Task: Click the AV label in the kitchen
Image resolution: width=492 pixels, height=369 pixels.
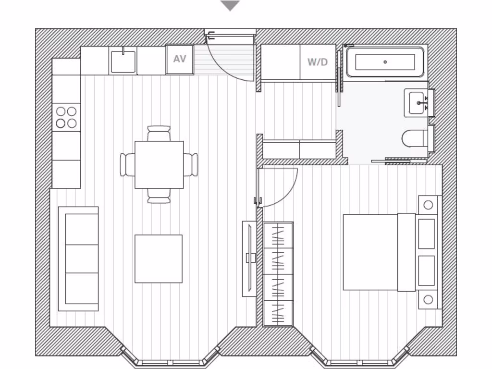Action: coord(180,60)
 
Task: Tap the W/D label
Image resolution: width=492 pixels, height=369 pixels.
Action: coord(317,62)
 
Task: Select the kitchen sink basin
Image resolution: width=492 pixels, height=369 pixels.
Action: coord(123,61)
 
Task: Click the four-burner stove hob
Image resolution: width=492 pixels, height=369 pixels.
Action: coord(66,117)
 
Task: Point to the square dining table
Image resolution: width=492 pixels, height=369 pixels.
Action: coord(159,165)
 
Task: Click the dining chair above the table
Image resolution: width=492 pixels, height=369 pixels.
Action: coord(159,133)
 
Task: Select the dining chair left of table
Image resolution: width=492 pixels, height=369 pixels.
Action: coord(127,165)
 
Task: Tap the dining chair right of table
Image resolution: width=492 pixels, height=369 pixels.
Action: coord(191,165)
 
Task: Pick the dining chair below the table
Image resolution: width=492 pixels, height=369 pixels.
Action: coord(159,196)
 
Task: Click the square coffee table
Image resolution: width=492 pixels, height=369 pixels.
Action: coord(159,258)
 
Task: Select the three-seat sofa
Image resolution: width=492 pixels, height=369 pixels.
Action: coord(78,258)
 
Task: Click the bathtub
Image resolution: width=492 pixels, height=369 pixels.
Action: coord(385,62)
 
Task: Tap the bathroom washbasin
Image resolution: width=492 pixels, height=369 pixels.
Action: coord(416,103)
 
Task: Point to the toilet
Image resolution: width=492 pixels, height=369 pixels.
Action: coord(413,138)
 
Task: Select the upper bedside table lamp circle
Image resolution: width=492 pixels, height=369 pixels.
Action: coord(428,205)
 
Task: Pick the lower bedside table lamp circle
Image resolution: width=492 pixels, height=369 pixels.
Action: coord(428,300)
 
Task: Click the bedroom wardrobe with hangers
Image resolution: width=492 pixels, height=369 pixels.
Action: coord(278,274)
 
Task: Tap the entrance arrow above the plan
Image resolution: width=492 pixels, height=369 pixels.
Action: coord(230,6)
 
